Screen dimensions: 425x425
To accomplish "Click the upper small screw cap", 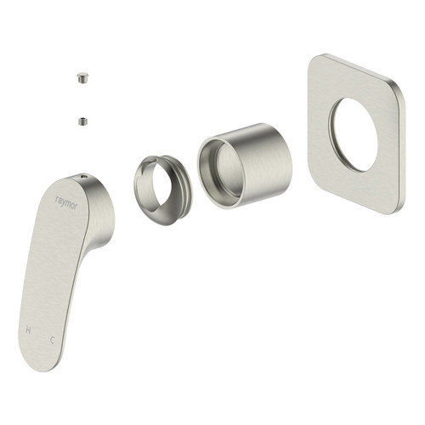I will [82, 78].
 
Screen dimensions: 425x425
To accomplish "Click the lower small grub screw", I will [82, 120].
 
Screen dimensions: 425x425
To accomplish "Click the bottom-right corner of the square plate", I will [393, 204].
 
